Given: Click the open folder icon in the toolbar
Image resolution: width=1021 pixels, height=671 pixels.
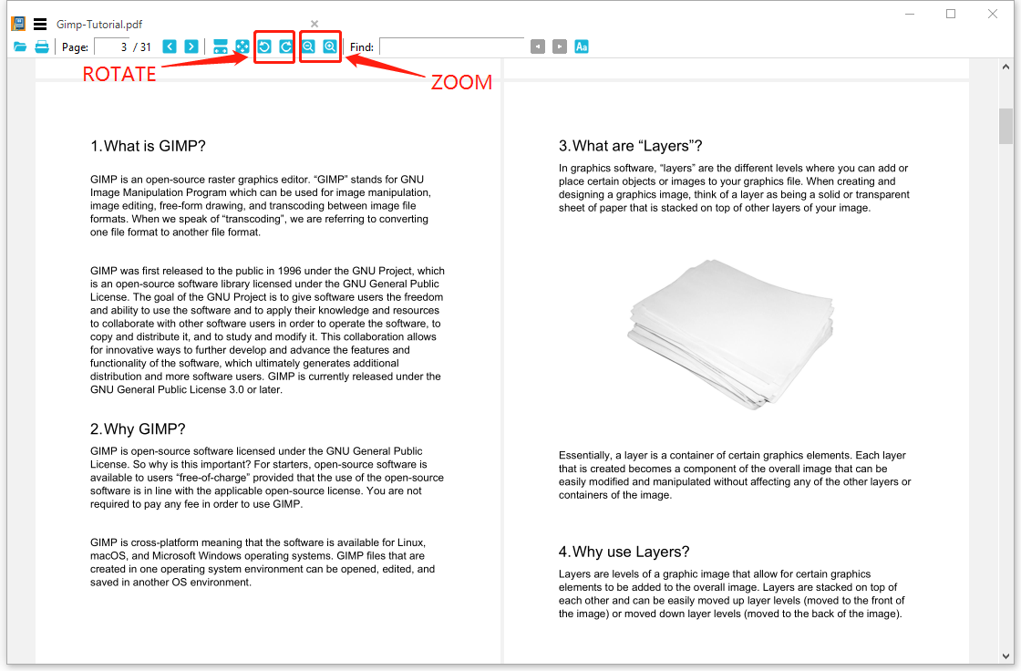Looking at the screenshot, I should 20,46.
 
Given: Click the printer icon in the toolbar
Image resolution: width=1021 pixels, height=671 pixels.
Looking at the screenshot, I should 42,46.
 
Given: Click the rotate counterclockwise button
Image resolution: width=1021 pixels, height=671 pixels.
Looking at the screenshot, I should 264,46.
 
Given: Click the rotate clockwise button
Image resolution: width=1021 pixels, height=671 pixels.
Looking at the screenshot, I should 285,46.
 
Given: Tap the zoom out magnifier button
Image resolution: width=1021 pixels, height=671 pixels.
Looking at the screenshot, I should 309,46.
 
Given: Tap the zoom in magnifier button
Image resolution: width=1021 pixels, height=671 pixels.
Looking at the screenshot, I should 330,46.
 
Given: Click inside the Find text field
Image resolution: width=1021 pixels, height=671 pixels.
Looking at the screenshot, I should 451,46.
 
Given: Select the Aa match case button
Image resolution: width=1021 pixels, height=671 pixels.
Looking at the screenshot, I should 582,46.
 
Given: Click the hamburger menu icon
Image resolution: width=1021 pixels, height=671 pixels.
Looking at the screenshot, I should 40,25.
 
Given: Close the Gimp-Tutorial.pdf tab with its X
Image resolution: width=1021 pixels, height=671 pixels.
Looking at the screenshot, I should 315,24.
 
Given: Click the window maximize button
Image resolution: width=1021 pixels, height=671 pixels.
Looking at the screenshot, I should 951,14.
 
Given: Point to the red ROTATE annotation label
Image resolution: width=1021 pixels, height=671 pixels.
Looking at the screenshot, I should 119,75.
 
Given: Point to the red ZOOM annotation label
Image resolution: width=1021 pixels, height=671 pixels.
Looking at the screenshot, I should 461,82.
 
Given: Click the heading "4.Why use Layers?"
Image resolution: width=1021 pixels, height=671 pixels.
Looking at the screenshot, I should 624,552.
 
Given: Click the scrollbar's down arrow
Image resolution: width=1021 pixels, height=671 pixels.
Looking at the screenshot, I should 1006,655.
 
